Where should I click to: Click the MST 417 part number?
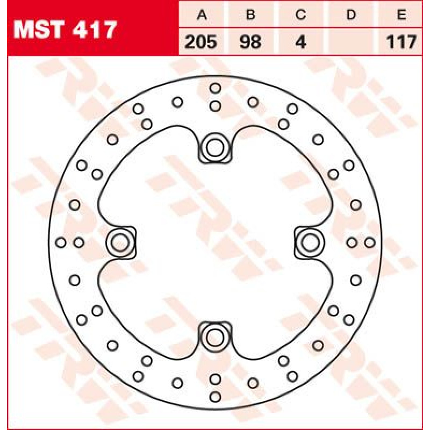click(65, 30)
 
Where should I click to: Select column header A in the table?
click(202, 15)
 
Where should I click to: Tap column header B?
click(250, 15)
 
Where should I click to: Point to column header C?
click(300, 15)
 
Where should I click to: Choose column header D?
click(351, 15)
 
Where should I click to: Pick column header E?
click(402, 15)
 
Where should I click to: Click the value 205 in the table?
click(201, 42)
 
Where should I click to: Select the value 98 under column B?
click(250, 42)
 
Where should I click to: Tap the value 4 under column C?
click(301, 42)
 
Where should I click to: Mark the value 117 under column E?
click(402, 42)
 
